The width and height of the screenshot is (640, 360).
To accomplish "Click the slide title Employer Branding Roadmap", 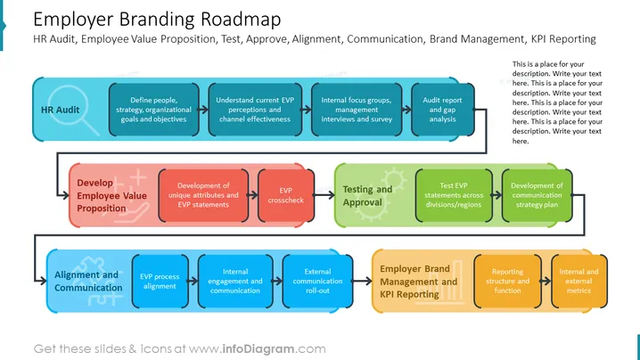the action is tap(157, 20).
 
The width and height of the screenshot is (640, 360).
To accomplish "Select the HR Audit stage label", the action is tap(60, 110).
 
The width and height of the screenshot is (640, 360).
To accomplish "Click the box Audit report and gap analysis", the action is tap(442, 110).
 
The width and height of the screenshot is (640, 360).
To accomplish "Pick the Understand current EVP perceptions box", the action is tap(255, 110).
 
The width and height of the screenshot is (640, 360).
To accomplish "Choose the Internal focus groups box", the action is tap(357, 110).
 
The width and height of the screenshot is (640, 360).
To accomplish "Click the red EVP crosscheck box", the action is tap(286, 195).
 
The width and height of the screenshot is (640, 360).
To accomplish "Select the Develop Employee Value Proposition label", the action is tap(111, 195).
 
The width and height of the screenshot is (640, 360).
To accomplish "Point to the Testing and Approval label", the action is tap(367, 195).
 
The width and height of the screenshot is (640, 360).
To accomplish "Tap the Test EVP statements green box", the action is tap(454, 195).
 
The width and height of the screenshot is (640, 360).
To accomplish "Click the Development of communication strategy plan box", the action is tap(537, 195).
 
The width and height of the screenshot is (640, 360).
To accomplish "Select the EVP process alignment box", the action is tap(160, 282).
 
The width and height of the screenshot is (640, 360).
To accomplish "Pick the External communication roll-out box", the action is tap(317, 282).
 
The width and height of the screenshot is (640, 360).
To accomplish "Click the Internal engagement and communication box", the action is tap(235, 282).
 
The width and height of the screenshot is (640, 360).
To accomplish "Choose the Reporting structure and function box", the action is tap(507, 282).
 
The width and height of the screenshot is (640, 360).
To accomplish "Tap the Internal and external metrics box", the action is tap(578, 282).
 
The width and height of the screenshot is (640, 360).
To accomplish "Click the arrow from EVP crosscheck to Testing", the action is tap(324, 195).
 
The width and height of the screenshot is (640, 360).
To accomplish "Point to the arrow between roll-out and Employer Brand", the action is tap(363, 281).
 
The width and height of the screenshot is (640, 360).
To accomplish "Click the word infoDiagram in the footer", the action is tap(258, 349).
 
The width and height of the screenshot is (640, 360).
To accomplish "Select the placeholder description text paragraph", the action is tap(557, 102).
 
